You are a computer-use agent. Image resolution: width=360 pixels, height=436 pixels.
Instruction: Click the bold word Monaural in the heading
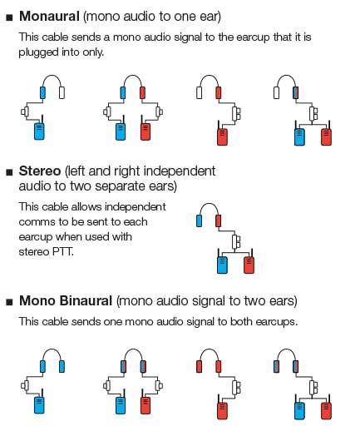click(49, 16)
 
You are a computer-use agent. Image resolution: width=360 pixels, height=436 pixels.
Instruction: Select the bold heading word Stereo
click(40, 171)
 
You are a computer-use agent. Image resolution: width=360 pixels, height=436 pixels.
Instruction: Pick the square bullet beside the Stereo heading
click(9, 172)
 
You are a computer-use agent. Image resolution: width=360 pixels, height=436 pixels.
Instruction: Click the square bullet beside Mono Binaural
click(9, 302)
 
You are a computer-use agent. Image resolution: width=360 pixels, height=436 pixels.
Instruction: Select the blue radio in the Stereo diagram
click(222, 265)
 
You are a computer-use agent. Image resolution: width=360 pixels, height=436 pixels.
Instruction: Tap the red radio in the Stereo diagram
click(249, 265)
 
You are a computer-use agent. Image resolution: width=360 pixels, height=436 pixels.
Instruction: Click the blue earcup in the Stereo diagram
click(199, 220)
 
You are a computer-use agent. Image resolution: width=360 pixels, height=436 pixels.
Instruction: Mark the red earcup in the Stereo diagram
click(219, 220)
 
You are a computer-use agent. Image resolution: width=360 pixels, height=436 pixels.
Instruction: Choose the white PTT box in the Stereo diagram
click(236, 241)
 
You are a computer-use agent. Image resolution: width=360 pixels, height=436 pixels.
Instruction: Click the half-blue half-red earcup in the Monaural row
click(295, 93)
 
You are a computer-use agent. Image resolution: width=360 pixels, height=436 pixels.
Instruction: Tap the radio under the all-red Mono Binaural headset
click(222, 411)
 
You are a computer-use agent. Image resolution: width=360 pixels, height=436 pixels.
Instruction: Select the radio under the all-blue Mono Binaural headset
click(39, 405)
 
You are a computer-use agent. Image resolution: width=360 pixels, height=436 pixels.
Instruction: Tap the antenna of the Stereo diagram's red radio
click(252, 252)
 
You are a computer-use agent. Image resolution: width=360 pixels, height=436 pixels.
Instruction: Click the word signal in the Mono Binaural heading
click(207, 301)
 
